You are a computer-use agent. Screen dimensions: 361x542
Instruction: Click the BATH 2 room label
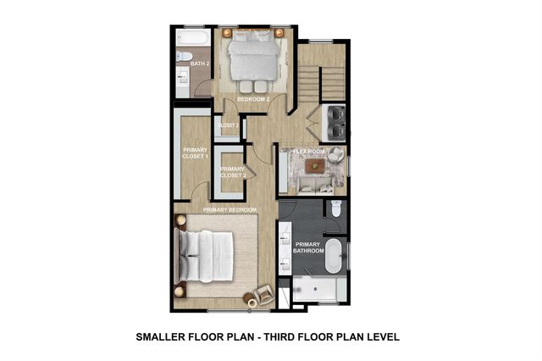pos(199,64)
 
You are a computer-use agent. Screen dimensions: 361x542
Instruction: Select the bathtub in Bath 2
pos(193,38)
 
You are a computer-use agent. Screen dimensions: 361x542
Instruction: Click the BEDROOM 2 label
pos(252,99)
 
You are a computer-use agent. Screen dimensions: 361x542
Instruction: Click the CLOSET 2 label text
pos(228,125)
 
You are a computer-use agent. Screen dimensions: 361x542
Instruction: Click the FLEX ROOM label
pos(309,152)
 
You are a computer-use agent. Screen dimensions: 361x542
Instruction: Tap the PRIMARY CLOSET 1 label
pos(195,154)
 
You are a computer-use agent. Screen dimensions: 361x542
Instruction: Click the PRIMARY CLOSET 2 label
pos(232,172)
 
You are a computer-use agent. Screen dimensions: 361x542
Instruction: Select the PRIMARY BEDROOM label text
pos(230,209)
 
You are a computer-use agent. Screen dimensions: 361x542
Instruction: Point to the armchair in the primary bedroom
pos(261,294)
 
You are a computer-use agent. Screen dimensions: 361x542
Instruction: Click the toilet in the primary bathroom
pos(336,209)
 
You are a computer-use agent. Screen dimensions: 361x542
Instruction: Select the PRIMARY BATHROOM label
pos(308,247)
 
